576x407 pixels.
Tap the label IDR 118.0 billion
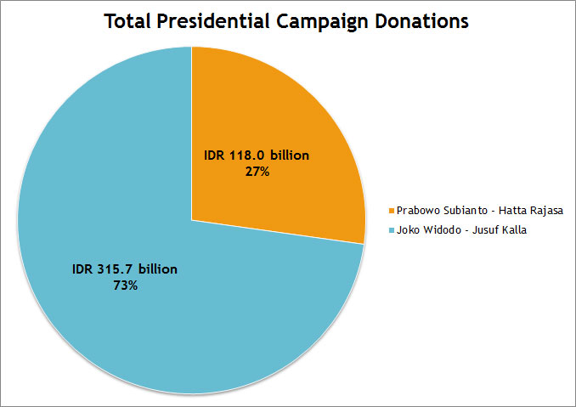pos(257,155)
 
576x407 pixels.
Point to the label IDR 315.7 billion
pos(124,270)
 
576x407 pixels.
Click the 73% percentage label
pos(125,285)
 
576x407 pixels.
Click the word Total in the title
pos(130,22)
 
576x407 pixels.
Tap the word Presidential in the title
pos(224,22)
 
